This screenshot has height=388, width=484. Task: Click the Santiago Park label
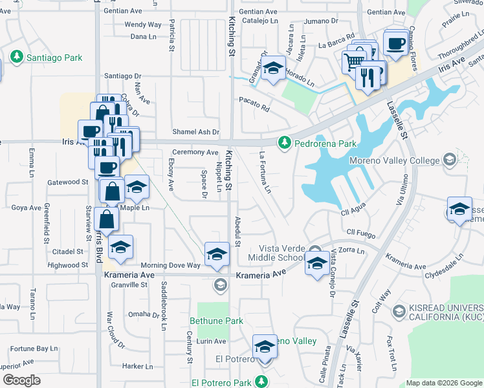pyautogui.click(x=54, y=58)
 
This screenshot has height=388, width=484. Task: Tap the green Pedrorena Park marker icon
pyautogui.click(x=284, y=142)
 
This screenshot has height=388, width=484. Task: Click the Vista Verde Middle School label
pyautogui.click(x=281, y=253)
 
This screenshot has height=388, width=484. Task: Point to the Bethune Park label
pyautogui.click(x=216, y=321)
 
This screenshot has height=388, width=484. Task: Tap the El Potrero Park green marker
pyautogui.click(x=262, y=381)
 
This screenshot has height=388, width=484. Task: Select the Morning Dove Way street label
pyautogui.click(x=171, y=265)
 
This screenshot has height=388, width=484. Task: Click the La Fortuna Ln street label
pyautogui.click(x=264, y=173)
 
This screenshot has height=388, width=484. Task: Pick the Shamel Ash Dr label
pyautogui.click(x=196, y=132)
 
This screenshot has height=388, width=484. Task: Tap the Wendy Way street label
pyautogui.click(x=142, y=25)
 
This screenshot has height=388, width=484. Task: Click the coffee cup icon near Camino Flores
pyautogui.click(x=395, y=43)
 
